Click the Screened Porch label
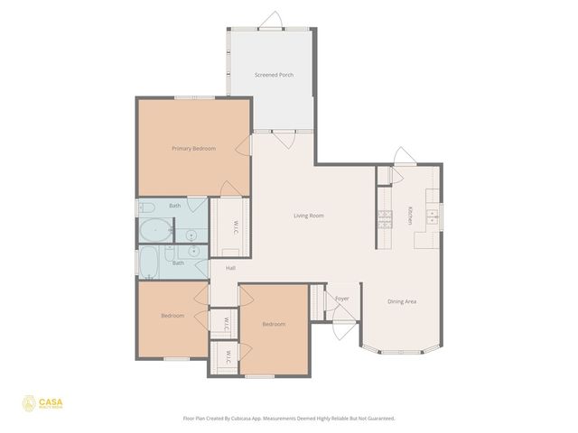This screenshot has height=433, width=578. [274, 75]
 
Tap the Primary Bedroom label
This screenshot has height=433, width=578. [193, 148]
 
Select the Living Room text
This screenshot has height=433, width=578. [309, 216]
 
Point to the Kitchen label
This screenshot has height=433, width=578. [410, 215]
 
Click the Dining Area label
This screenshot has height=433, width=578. [402, 301]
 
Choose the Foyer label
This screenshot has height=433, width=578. [341, 298]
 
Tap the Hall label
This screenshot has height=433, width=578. [230, 268]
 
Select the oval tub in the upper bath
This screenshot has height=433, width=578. [154, 230]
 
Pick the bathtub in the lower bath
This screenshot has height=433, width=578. [148, 263]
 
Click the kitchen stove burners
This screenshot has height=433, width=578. [385, 216]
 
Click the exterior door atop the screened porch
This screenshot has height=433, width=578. [271, 22]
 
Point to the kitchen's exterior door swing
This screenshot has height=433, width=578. [402, 157]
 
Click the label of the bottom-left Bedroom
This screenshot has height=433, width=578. [172, 316]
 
